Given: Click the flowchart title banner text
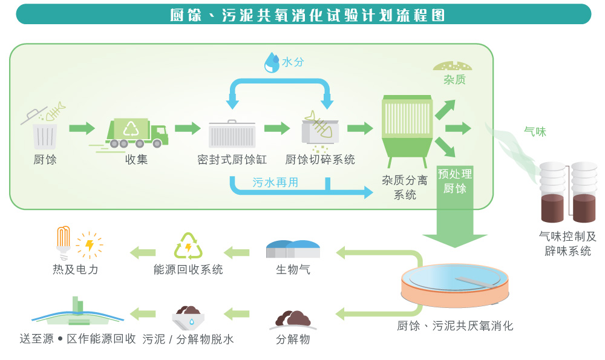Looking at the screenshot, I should [x=308, y=15].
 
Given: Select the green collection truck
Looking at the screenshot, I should [x=137, y=132].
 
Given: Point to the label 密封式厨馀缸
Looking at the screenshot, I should [x=232, y=160].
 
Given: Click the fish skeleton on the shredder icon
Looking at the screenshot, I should [x=318, y=124].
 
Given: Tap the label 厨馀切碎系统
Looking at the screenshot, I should [x=320, y=160].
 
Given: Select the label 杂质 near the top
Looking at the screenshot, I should [x=454, y=80].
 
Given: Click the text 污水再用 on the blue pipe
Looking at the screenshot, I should [x=275, y=182].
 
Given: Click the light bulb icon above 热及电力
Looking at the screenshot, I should [x=64, y=240].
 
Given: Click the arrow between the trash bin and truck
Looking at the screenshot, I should [x=82, y=129].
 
